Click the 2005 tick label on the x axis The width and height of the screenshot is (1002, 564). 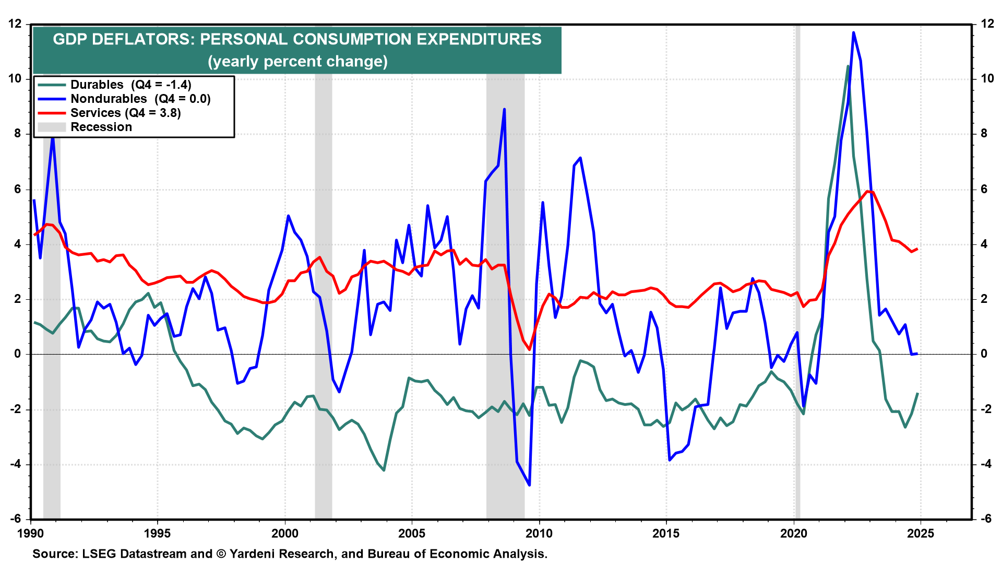[412, 533]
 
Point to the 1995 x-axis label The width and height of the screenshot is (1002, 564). [157, 533]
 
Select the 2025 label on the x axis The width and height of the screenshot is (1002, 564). [921, 533]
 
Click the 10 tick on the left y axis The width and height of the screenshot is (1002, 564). [15, 79]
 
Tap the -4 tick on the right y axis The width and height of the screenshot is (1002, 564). [986, 464]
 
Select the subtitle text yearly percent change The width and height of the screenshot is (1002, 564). [297, 62]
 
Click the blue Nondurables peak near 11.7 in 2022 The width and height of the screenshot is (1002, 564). [853, 32]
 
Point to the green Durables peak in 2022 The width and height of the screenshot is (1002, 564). [848, 66]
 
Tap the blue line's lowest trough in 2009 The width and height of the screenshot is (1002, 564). [529, 485]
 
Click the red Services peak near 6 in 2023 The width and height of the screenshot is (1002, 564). [867, 191]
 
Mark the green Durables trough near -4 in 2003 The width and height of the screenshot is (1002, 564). [384, 470]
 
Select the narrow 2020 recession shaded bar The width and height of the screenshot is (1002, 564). [797, 272]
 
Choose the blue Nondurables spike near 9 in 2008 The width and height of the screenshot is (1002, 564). [504, 109]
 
